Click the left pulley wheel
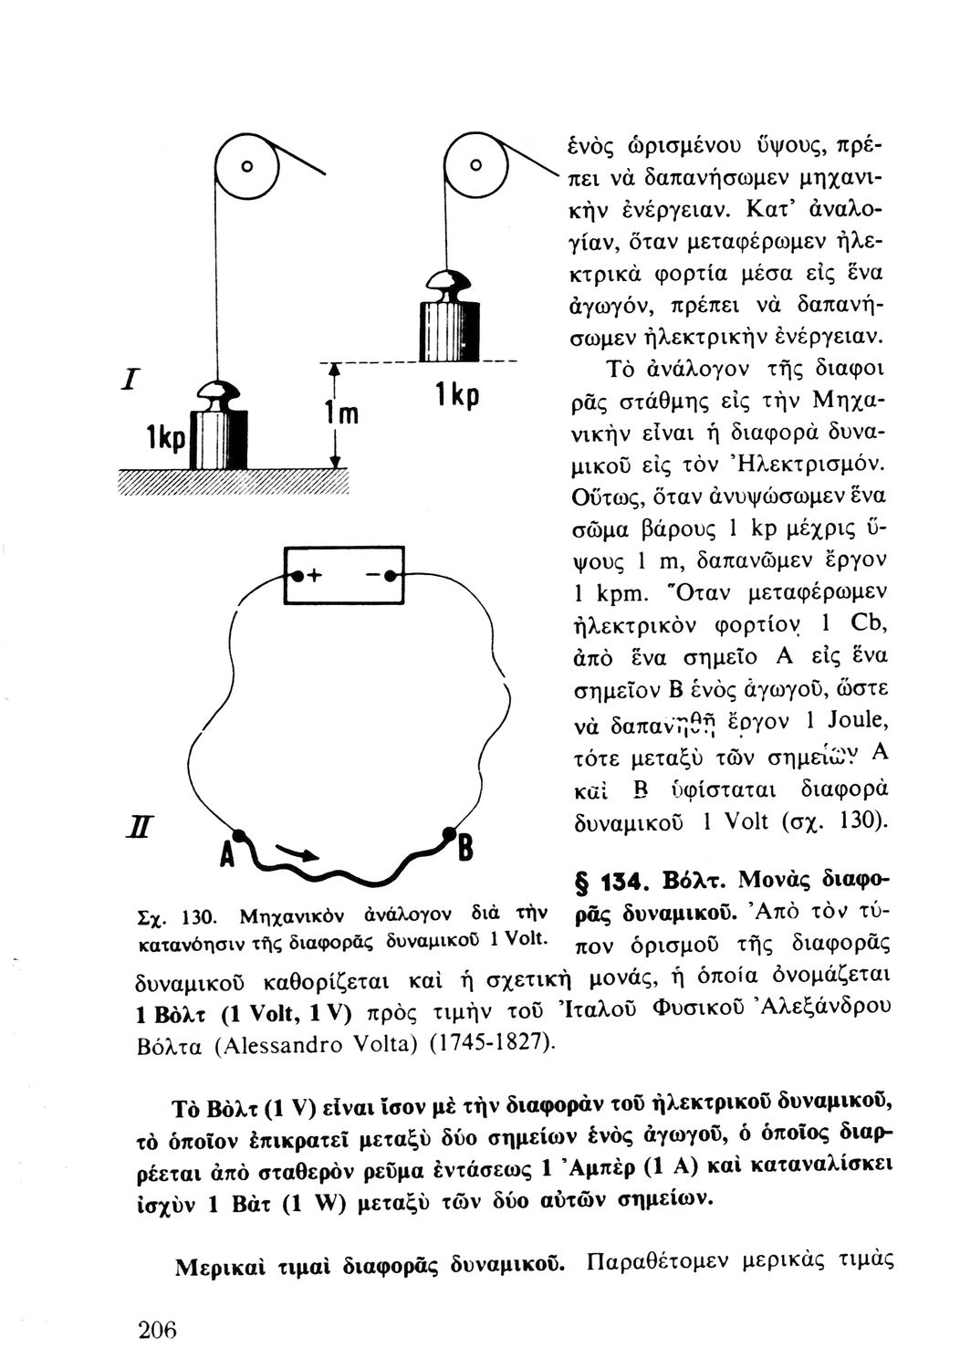pos(245,167)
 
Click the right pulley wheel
pos(475,166)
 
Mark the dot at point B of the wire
pos(449,832)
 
